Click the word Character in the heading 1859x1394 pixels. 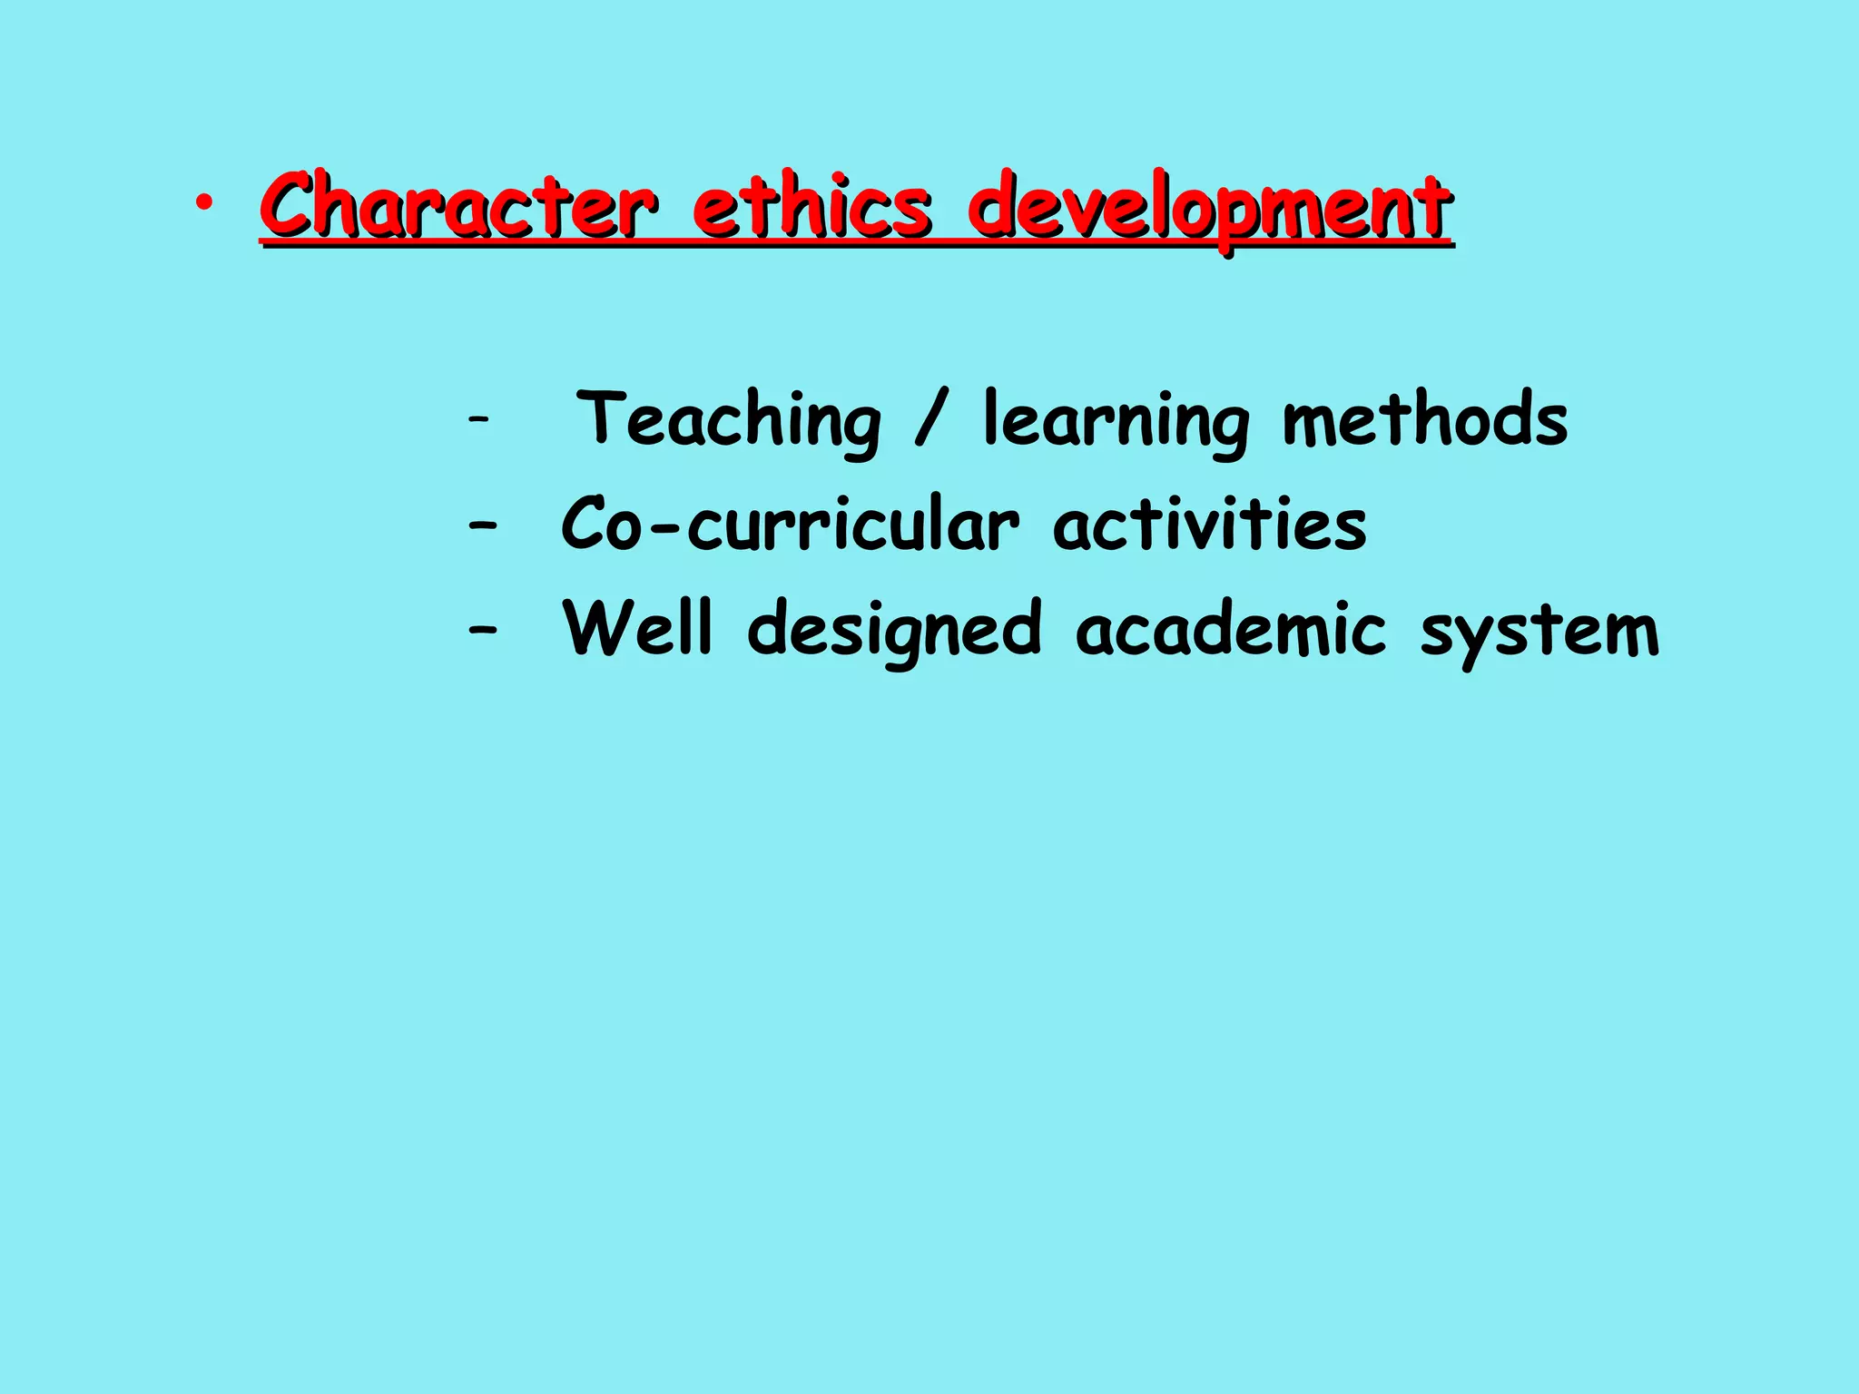tap(457, 206)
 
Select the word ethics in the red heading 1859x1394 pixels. tap(811, 206)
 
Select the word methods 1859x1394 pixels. tap(1425, 419)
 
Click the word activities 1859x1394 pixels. tap(1209, 524)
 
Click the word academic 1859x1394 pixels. tap(1231, 628)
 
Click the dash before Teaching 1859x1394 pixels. tap(478, 419)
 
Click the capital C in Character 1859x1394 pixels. tap(291, 206)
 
